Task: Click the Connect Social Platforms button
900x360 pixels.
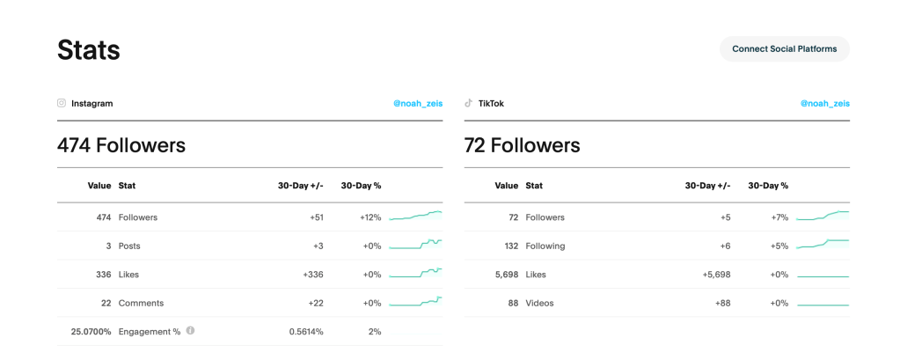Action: (784, 49)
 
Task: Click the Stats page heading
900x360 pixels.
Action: (89, 50)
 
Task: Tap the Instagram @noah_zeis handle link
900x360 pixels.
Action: (418, 104)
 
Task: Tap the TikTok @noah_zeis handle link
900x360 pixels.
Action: (824, 104)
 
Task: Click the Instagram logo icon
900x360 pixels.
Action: (62, 103)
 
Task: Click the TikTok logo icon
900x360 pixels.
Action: (469, 103)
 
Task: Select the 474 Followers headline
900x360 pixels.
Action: (121, 145)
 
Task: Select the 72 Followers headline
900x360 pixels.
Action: (522, 145)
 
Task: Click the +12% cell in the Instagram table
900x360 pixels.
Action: (370, 217)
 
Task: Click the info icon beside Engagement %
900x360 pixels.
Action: (190, 331)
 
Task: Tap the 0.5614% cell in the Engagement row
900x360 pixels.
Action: (305, 332)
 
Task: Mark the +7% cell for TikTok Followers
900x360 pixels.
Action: (779, 217)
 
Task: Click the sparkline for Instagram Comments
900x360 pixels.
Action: (415, 303)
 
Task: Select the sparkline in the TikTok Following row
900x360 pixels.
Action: (822, 244)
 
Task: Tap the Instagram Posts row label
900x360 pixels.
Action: (129, 246)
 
